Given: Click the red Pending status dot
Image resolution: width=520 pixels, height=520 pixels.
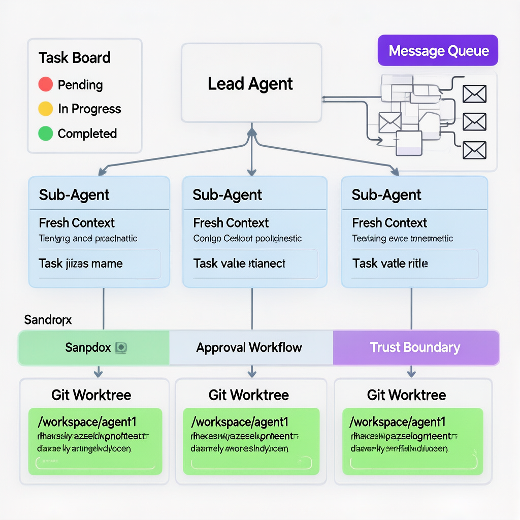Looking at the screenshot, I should coord(46,84).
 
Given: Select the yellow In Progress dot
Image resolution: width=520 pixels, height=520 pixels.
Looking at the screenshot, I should coord(46,109).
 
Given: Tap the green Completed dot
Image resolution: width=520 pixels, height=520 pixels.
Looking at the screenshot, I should coord(46,134).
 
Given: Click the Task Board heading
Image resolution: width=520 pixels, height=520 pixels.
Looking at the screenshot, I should coord(75,58).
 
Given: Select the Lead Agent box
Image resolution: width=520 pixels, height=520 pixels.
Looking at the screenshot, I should coord(251,83).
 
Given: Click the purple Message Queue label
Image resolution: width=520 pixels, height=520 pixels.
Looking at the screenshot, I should coord(438,51).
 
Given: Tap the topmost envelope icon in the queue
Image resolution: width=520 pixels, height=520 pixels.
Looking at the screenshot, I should coord(475,94).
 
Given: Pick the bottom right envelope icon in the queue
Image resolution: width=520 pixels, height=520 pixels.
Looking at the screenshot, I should coord(475,150).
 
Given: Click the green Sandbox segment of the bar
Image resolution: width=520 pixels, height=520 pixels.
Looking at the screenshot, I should coord(94,348).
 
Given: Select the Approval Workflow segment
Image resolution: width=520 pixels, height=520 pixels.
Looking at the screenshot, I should coord(249,348).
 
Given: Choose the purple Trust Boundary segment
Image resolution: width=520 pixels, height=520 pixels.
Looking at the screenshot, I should coord(415,348).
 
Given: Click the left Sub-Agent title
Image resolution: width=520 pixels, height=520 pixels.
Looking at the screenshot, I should coord(74,195).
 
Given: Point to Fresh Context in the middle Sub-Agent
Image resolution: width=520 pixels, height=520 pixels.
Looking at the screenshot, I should coord(231,223).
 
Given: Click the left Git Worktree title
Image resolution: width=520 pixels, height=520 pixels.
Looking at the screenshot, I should coord(91,395).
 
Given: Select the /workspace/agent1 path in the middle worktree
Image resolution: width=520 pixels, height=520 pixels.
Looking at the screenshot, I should coord(240,422).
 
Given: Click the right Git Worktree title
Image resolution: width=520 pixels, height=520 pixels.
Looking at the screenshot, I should coord(406,395).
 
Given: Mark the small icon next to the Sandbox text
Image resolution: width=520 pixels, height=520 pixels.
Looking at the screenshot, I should coord(121,348).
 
